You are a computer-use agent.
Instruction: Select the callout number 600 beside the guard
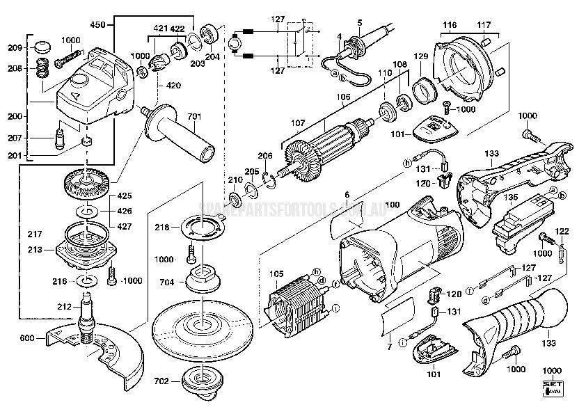pyautogui.click(x=26, y=339)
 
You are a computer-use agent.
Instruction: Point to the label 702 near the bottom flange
pyautogui.click(x=161, y=381)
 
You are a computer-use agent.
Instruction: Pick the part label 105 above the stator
pyautogui.click(x=276, y=273)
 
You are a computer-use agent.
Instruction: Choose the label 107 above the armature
pyautogui.click(x=298, y=123)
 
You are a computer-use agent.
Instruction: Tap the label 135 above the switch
pyautogui.click(x=531, y=198)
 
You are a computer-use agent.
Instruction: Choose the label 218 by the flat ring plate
pyautogui.click(x=161, y=228)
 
